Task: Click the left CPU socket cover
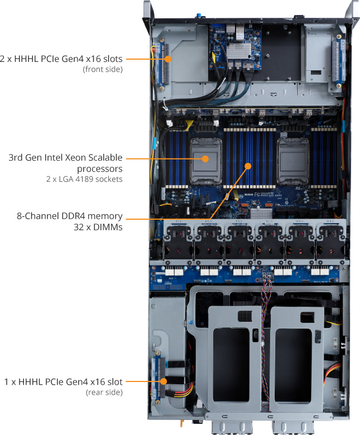206,161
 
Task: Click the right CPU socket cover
292,161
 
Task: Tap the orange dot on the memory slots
248,166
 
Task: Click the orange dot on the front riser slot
168,59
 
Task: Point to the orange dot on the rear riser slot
164,381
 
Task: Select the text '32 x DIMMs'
98,227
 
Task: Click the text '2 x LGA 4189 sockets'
84,179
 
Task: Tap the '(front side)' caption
103,69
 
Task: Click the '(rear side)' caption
104,392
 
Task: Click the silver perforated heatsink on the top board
238,51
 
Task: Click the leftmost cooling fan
179,242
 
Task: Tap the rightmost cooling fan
330,242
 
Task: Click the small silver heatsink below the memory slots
261,214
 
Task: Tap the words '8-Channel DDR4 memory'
70,216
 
